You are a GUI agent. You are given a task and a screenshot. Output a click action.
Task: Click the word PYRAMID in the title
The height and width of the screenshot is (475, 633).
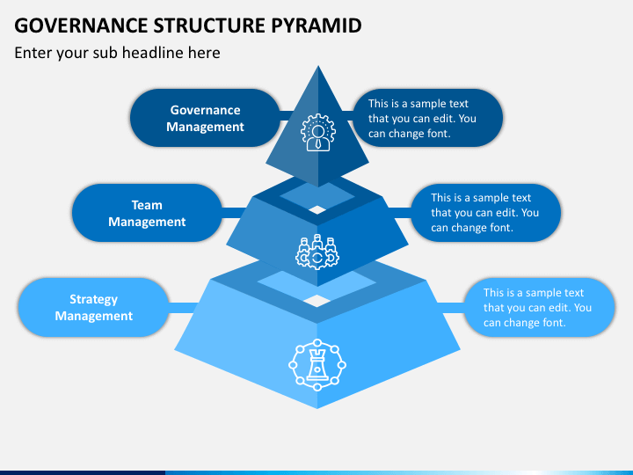[x=316, y=26]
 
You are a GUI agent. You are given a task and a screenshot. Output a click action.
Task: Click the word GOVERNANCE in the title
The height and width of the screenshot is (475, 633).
[x=81, y=26]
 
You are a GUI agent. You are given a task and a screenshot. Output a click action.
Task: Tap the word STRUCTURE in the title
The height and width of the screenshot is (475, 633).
[x=209, y=26]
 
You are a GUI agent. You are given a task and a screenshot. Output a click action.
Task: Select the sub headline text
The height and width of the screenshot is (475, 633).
[x=117, y=53]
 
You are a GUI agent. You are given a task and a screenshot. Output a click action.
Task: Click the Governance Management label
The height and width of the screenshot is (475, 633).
[x=205, y=118]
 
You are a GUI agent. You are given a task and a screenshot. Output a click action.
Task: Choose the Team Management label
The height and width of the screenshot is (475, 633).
[x=147, y=213]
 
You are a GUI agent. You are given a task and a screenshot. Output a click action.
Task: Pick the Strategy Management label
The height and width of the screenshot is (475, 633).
[x=94, y=307]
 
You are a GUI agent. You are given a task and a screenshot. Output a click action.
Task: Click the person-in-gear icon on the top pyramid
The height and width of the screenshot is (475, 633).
[x=318, y=133]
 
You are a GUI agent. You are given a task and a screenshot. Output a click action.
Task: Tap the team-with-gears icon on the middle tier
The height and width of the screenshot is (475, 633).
[x=317, y=252]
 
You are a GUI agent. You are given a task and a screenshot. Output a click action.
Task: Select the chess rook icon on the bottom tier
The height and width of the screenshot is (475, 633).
[x=317, y=365]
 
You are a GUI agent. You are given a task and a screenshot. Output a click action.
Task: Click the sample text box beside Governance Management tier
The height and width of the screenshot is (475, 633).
[x=428, y=118]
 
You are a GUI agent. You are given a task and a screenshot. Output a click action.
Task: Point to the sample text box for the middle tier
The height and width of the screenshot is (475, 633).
[x=485, y=213]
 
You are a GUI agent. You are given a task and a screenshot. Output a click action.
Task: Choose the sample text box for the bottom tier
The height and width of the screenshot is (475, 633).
[x=539, y=307]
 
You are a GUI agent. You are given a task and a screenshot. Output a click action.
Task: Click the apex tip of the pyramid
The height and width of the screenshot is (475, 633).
[x=318, y=66]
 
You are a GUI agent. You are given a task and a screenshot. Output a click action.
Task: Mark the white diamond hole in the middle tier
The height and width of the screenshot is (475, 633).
[x=317, y=209]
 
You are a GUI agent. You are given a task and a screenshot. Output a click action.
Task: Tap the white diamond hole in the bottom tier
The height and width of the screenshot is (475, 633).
[x=317, y=301]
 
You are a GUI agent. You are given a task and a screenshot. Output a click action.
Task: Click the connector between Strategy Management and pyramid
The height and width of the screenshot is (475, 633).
[x=183, y=307]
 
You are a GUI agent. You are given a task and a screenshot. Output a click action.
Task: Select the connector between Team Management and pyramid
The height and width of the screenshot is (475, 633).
[x=233, y=213]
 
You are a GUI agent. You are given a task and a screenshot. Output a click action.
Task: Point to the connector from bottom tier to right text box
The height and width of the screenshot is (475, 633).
[x=451, y=307]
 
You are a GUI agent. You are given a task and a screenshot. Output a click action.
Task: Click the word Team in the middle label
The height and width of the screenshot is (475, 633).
[x=147, y=205]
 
